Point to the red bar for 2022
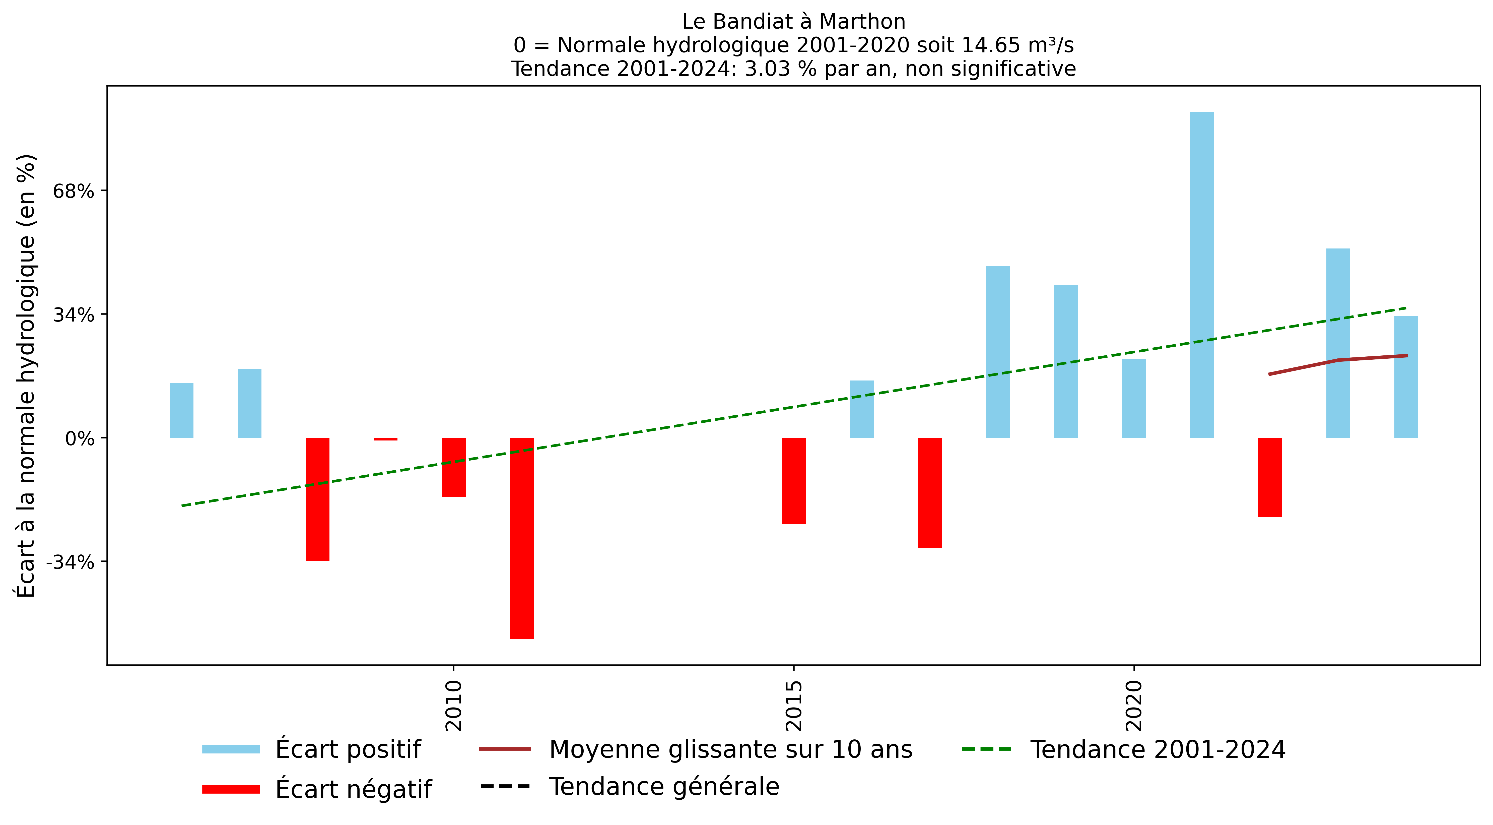[1270, 477]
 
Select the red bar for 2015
[793, 481]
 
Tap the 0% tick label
[79, 438]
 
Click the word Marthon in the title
[862, 21]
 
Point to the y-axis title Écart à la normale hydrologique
[26, 376]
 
